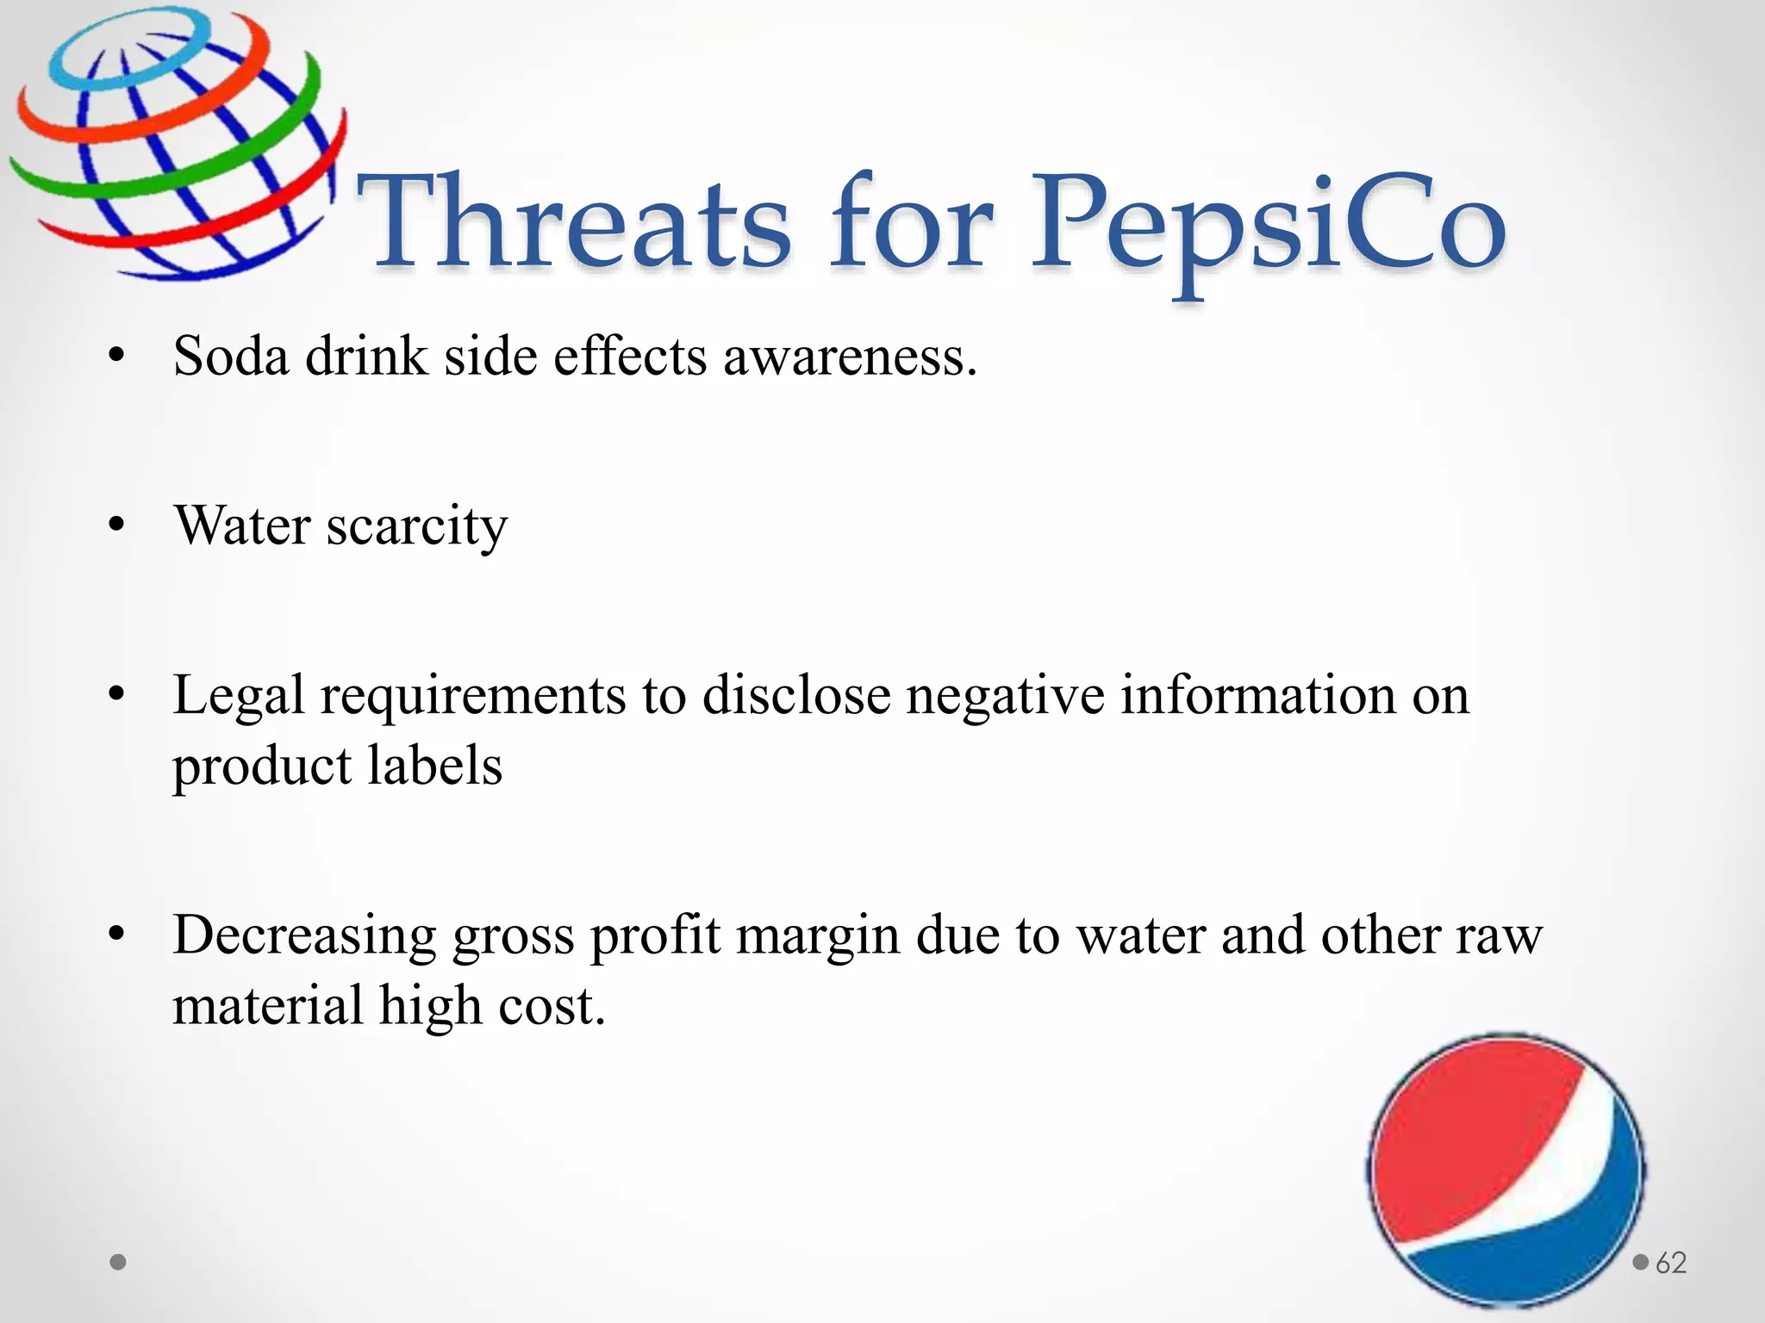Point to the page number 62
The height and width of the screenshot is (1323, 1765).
click(x=1671, y=1263)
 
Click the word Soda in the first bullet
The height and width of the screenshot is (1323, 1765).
click(x=230, y=356)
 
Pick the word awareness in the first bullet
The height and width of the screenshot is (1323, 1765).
click(x=850, y=357)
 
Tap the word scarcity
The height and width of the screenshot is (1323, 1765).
click(x=417, y=526)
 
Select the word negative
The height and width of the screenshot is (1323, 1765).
click(x=1004, y=696)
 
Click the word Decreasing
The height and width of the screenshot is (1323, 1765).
click(x=304, y=937)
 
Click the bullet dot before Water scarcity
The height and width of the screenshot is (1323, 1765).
click(x=118, y=524)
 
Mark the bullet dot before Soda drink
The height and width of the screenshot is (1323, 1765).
click(x=118, y=355)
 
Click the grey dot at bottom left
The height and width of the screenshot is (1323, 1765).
click(x=119, y=1263)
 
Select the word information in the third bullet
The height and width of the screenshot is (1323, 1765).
click(x=1257, y=696)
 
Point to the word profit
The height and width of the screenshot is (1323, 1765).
click(x=655, y=937)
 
